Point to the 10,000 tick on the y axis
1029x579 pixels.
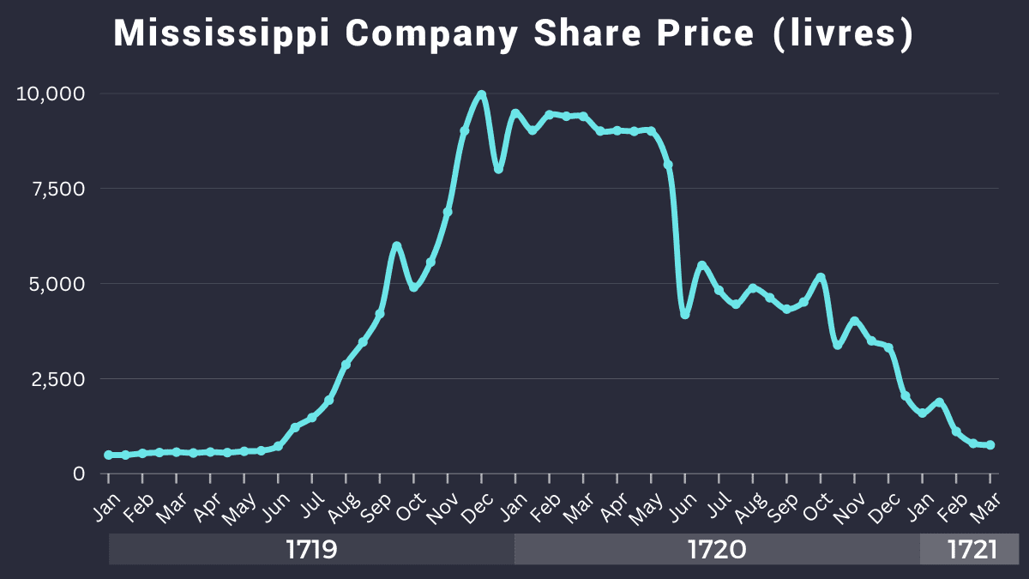tap(51, 93)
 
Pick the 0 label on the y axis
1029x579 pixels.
tap(79, 473)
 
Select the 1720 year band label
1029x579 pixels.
tap(717, 550)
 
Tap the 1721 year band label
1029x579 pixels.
tap(972, 550)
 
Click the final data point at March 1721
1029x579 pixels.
tap(990, 445)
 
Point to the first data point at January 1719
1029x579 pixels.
tap(108, 455)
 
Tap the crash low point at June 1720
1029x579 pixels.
tap(685, 315)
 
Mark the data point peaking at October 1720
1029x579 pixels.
tap(821, 277)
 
